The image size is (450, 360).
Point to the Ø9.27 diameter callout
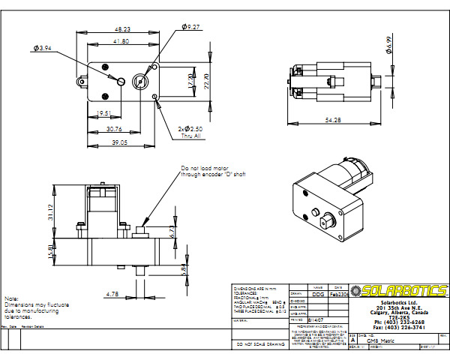[x=192, y=27]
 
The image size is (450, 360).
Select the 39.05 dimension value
[x=120, y=142]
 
